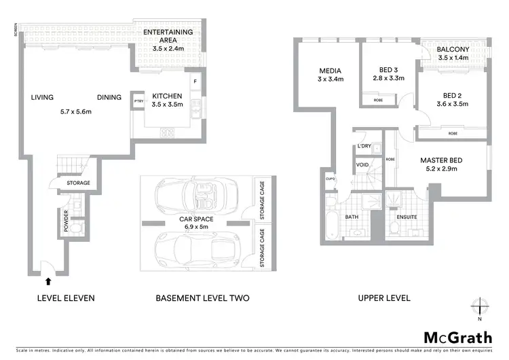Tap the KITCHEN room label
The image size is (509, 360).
click(x=167, y=96)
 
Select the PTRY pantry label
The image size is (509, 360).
click(x=138, y=98)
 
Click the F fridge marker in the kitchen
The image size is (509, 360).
click(x=195, y=82)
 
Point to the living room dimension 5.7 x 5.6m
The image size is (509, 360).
click(x=75, y=112)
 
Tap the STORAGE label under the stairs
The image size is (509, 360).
click(x=78, y=183)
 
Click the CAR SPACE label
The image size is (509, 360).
click(x=196, y=219)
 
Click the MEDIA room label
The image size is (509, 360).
click(x=331, y=71)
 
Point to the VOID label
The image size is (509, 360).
click(x=362, y=164)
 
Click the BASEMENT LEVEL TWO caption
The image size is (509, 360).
click(x=202, y=298)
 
